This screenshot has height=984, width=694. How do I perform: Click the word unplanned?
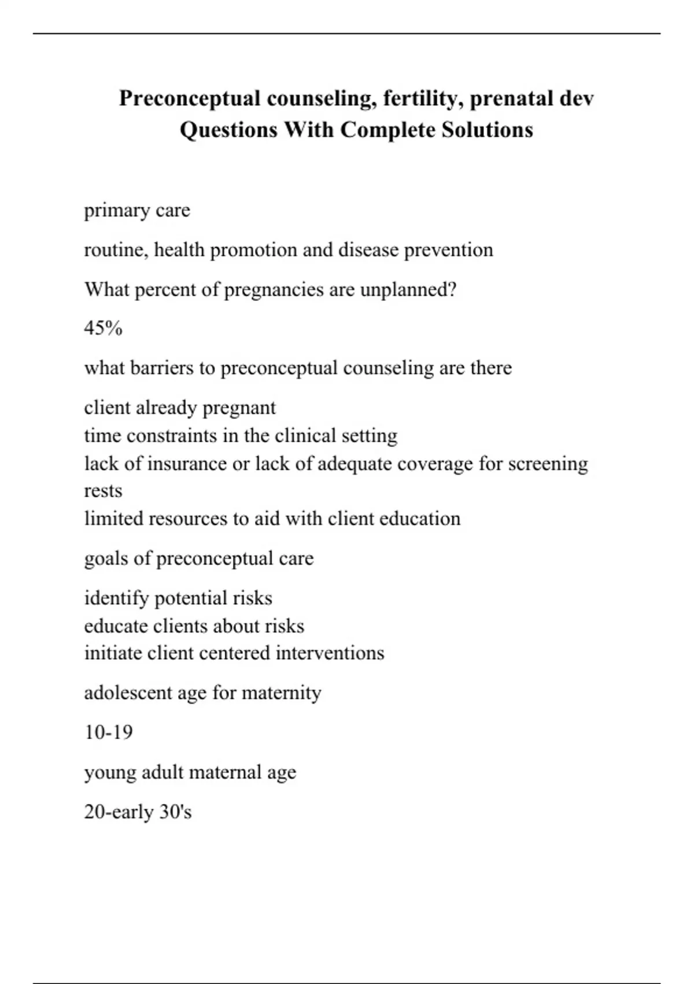408,289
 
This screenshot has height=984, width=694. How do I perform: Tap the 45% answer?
103,329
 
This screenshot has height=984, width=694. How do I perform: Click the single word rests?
103,491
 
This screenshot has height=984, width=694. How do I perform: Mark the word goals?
106,559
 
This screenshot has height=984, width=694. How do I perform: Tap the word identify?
116,598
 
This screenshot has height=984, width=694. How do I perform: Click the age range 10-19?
108,732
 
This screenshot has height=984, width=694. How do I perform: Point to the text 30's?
175,812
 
